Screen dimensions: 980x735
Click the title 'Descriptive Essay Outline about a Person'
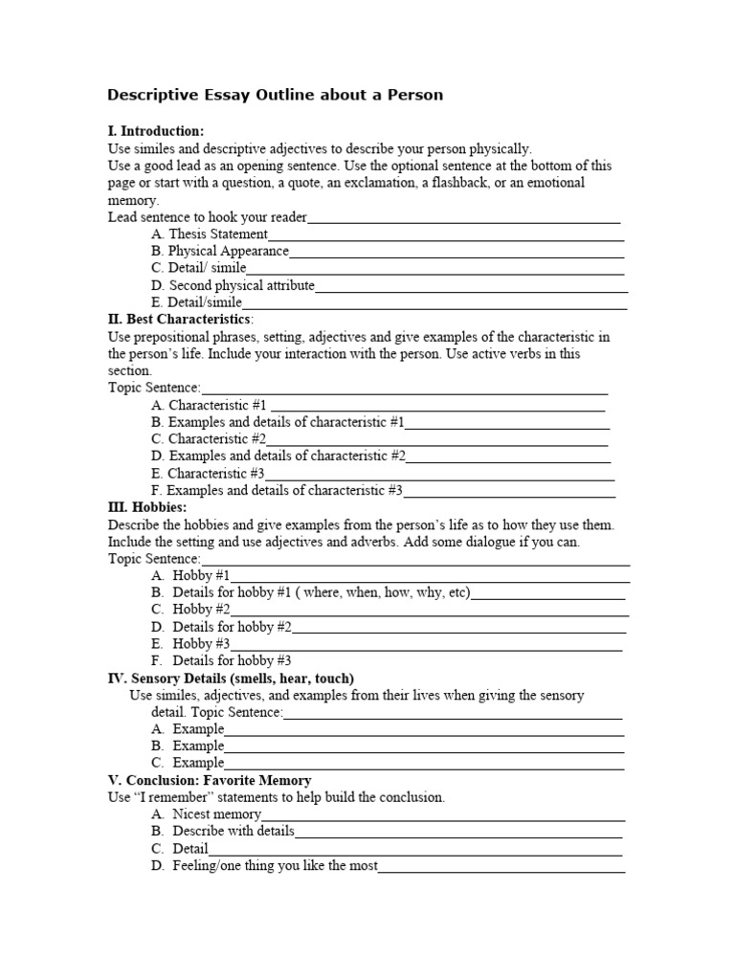pos(275,95)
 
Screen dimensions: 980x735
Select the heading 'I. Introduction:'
pos(156,131)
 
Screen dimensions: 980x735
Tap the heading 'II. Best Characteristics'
pos(180,319)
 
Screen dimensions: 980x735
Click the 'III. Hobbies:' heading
pos(147,507)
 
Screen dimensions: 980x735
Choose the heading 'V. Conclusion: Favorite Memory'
pos(210,781)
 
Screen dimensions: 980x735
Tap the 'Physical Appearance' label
pos(228,251)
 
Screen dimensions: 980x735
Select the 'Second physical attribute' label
pos(241,285)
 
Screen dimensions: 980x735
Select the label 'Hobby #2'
pos(201,610)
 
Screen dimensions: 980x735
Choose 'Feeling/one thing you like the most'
pos(275,866)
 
